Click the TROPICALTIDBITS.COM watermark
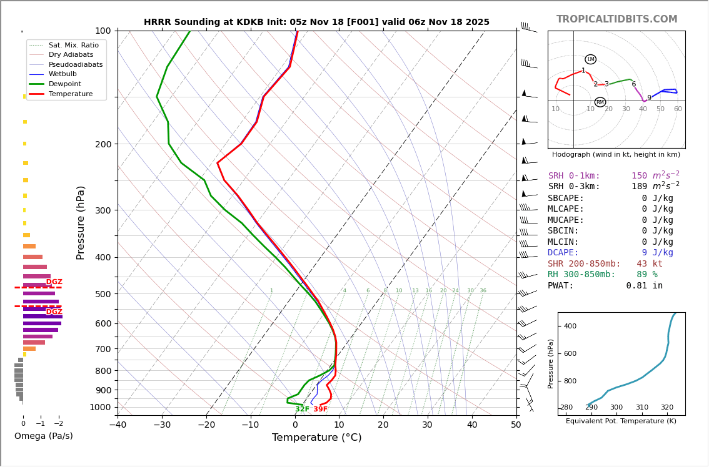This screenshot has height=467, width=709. [x=616, y=19]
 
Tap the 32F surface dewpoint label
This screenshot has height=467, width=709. [x=302, y=410]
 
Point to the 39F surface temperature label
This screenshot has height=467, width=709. [x=320, y=410]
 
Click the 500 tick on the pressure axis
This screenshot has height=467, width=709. [x=103, y=294]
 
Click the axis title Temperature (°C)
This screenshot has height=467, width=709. [x=316, y=438]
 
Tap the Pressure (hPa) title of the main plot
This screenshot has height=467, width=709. [x=81, y=222]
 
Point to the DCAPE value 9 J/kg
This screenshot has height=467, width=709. [x=657, y=253]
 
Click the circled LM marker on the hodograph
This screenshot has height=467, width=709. [x=590, y=59]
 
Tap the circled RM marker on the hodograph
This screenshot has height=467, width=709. [x=600, y=102]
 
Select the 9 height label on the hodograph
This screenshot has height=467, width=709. [x=649, y=98]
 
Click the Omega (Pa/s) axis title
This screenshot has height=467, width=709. [x=44, y=436]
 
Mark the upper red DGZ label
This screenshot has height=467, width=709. [x=54, y=282]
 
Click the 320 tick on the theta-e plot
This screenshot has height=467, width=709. [x=667, y=408]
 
